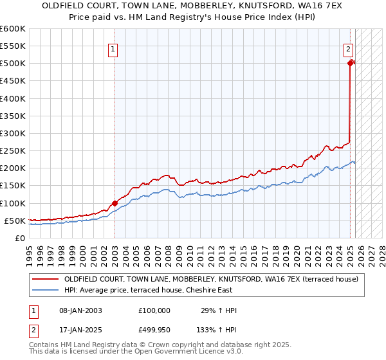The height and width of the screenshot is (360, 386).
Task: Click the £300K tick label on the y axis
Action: pos(13,133)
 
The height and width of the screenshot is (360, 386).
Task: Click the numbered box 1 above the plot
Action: pos(113,48)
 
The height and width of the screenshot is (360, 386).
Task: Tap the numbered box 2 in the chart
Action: pos(348,48)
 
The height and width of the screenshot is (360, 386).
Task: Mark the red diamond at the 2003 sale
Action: pos(115,203)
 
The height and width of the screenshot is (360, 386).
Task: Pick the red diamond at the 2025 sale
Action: pos(350,63)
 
